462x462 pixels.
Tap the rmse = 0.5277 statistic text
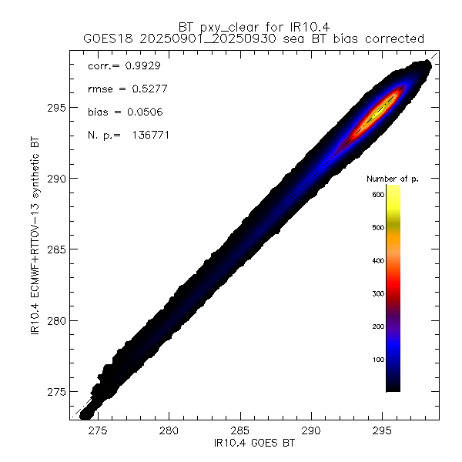coord(123,89)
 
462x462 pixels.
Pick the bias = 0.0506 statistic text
coord(123,112)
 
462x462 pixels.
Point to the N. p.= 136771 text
coord(129,136)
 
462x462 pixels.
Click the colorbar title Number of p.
coord(392,179)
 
